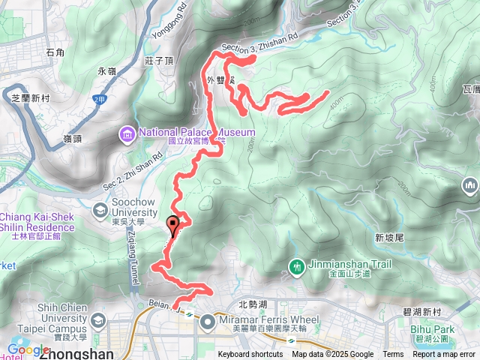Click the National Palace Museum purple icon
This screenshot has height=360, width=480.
pos(127,134)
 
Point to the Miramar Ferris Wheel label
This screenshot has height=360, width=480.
pos(258,316)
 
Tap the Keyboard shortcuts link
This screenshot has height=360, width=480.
pos(250,355)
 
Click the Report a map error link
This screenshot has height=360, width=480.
pos(445,355)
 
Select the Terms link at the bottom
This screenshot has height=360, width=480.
pos(393,355)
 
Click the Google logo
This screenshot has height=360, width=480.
pos(28,349)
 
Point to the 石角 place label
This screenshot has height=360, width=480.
pos(55,52)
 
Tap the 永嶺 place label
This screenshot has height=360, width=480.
pos(106,71)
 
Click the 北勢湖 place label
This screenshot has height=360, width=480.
pos(252,304)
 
